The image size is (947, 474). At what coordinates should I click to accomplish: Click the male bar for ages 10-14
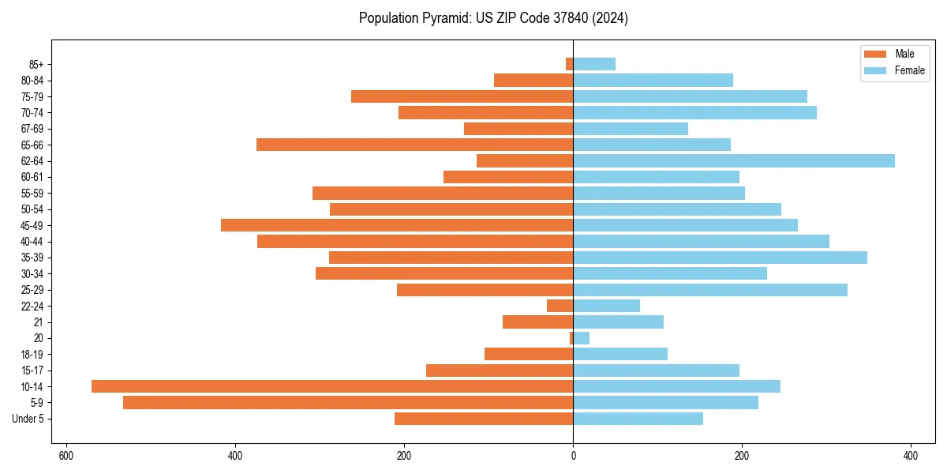point(332,386)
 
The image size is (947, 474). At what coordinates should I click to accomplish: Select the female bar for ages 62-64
point(734,161)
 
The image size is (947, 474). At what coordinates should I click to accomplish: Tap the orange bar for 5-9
point(348,402)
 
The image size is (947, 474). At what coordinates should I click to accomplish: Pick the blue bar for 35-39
point(720,258)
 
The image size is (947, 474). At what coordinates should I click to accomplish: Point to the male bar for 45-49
point(397,225)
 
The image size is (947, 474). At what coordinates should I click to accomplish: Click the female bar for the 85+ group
point(594,64)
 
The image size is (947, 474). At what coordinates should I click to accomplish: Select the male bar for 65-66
point(414,145)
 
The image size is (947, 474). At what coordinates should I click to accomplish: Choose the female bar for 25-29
point(710,290)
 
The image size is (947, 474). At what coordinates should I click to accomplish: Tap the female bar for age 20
point(582,338)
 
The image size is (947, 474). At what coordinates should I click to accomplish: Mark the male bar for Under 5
point(484,419)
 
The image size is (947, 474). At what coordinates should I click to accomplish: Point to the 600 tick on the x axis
point(66,456)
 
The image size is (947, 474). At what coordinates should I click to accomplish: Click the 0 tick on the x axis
point(573,456)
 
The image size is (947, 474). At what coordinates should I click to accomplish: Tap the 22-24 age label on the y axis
point(32,307)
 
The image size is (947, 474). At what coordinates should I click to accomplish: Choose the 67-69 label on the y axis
point(32,129)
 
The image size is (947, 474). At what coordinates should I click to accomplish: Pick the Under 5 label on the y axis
point(28,419)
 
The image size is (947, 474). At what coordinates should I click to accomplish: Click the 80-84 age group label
point(32,81)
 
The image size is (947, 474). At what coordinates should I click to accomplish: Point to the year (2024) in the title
point(613,18)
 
